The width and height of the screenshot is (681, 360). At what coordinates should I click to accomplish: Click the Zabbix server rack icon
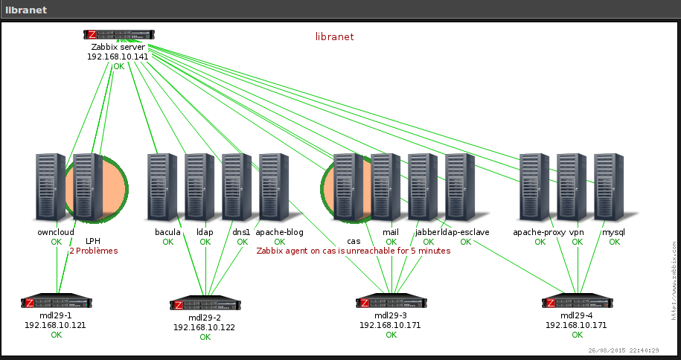(119, 35)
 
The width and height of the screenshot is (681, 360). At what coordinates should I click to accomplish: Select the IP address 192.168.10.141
(118, 57)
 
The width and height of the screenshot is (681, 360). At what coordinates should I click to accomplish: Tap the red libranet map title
(334, 36)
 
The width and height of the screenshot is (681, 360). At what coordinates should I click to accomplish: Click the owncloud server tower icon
(51, 186)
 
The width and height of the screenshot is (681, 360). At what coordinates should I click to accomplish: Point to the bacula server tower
(162, 186)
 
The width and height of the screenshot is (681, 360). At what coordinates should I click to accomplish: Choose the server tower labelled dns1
(237, 186)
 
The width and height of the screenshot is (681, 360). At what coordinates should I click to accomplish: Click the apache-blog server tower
(274, 186)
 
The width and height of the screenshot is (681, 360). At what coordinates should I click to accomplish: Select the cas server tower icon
(348, 186)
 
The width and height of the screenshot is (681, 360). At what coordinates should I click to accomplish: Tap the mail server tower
(386, 186)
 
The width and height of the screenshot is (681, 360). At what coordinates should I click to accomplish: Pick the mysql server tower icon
(609, 186)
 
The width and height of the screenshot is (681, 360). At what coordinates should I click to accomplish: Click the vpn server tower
(572, 186)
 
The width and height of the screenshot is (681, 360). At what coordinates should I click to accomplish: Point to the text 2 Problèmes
(94, 251)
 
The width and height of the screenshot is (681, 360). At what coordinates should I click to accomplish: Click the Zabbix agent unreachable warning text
(354, 251)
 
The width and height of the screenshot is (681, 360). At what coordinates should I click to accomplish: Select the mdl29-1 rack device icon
(57, 303)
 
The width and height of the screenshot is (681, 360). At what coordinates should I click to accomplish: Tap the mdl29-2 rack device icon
(205, 304)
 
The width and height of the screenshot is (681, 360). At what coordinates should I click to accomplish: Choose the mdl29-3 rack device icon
(391, 303)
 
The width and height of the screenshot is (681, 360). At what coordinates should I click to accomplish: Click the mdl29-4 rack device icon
(578, 303)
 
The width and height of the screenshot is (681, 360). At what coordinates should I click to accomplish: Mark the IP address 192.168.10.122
(205, 327)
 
